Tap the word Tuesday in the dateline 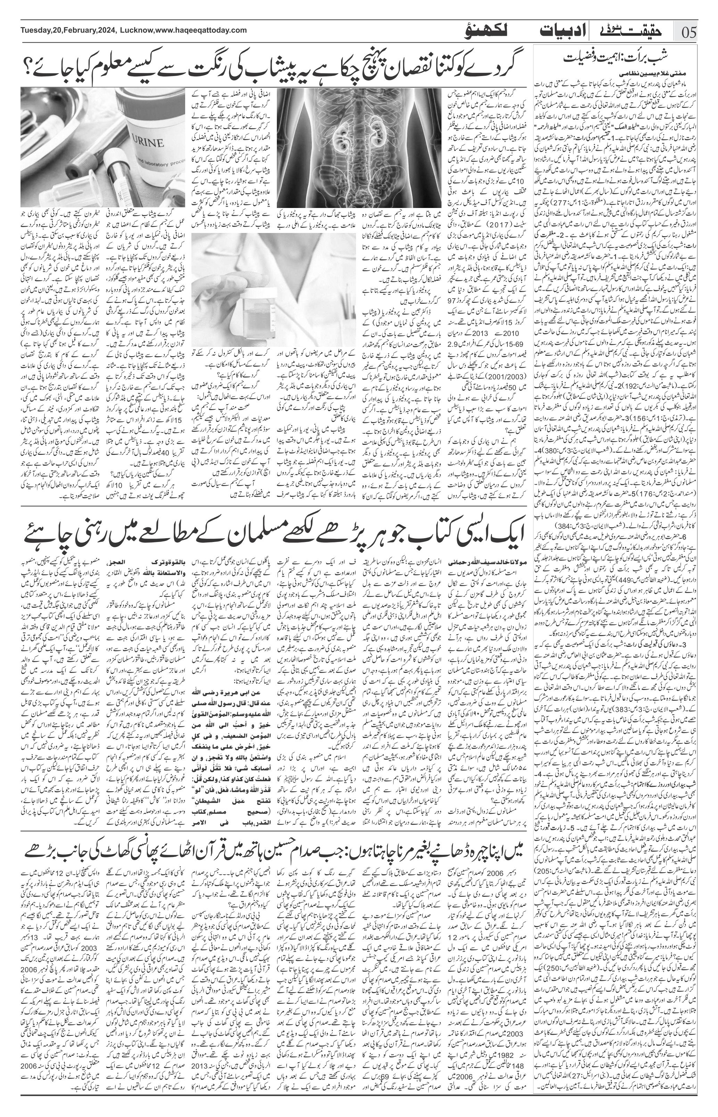35,30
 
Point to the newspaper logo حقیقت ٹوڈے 632,31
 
